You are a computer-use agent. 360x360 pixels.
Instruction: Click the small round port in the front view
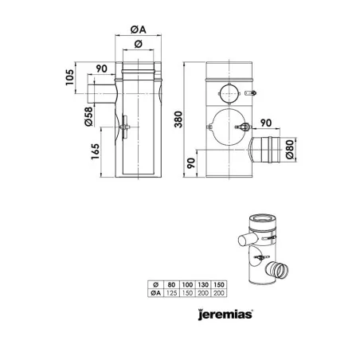pos(229,90)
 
